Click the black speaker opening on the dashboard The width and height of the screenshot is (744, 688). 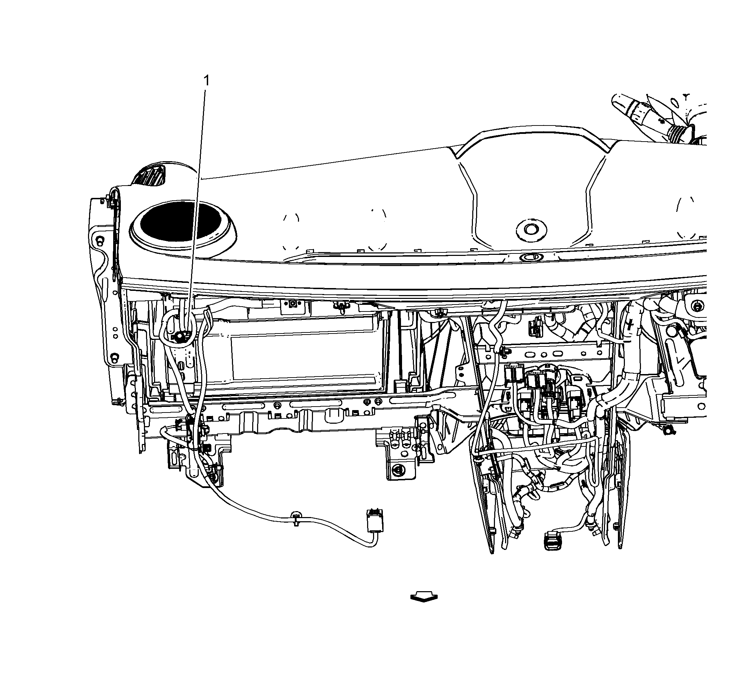click(183, 222)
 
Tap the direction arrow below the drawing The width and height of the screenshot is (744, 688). click(424, 597)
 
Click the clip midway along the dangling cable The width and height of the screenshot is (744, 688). click(296, 518)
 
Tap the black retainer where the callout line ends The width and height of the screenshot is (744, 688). click(181, 337)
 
